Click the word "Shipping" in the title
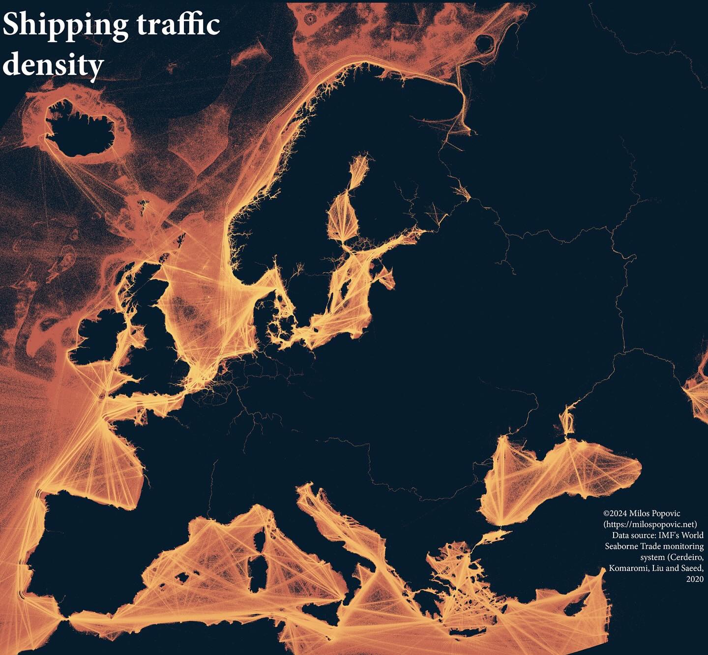pos(65,26)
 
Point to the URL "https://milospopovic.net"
pos(650,524)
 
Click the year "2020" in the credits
pos(694,579)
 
